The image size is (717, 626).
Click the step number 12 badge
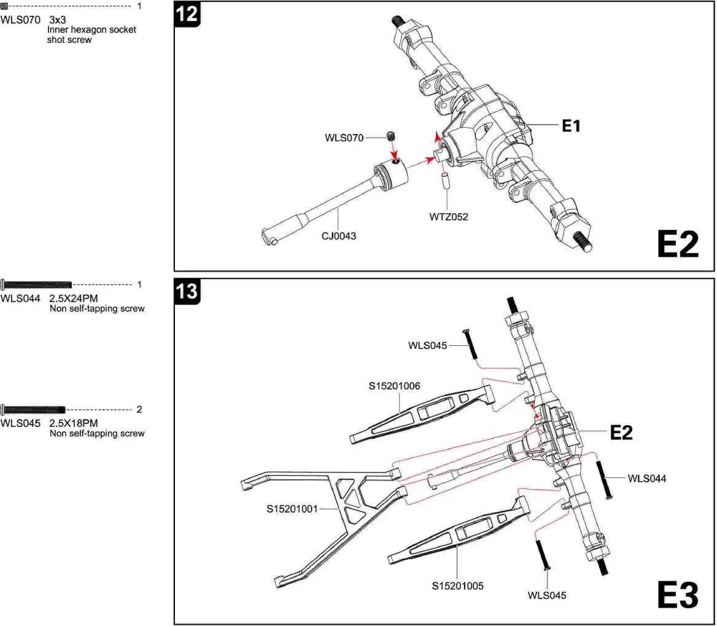(x=187, y=14)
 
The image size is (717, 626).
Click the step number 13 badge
(x=187, y=291)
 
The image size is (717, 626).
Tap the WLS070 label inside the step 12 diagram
(x=344, y=138)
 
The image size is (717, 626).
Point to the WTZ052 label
(x=448, y=217)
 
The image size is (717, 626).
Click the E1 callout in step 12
(x=571, y=127)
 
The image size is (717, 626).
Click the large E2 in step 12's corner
(x=677, y=245)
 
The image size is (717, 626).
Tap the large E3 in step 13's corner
(x=677, y=595)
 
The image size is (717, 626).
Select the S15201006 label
(x=394, y=386)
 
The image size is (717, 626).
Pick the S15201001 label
(x=292, y=509)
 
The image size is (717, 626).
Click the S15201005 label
(x=457, y=586)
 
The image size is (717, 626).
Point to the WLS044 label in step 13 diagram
(x=646, y=478)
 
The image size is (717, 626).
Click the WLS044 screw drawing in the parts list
(x=37, y=284)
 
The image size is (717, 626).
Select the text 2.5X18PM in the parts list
(x=74, y=423)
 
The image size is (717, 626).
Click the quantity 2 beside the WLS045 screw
(x=139, y=409)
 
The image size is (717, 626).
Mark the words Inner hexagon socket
(x=91, y=29)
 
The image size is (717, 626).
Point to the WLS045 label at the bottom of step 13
(x=547, y=595)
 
